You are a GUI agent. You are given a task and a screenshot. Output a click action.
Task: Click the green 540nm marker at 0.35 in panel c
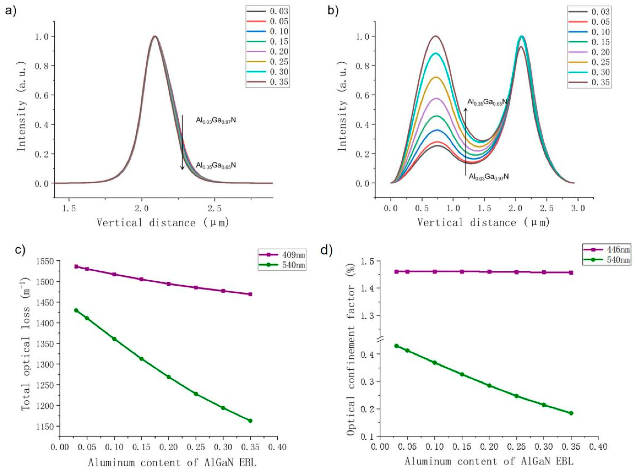pos(250,421)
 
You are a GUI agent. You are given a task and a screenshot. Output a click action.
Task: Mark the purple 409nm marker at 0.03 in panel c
pos(76,266)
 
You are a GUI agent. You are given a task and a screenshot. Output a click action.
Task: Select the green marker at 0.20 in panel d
pos(489,385)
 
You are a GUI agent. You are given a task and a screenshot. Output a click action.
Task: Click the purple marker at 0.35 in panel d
pos(571,273)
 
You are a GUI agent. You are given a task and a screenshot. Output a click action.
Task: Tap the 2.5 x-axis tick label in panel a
pos(215,208)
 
